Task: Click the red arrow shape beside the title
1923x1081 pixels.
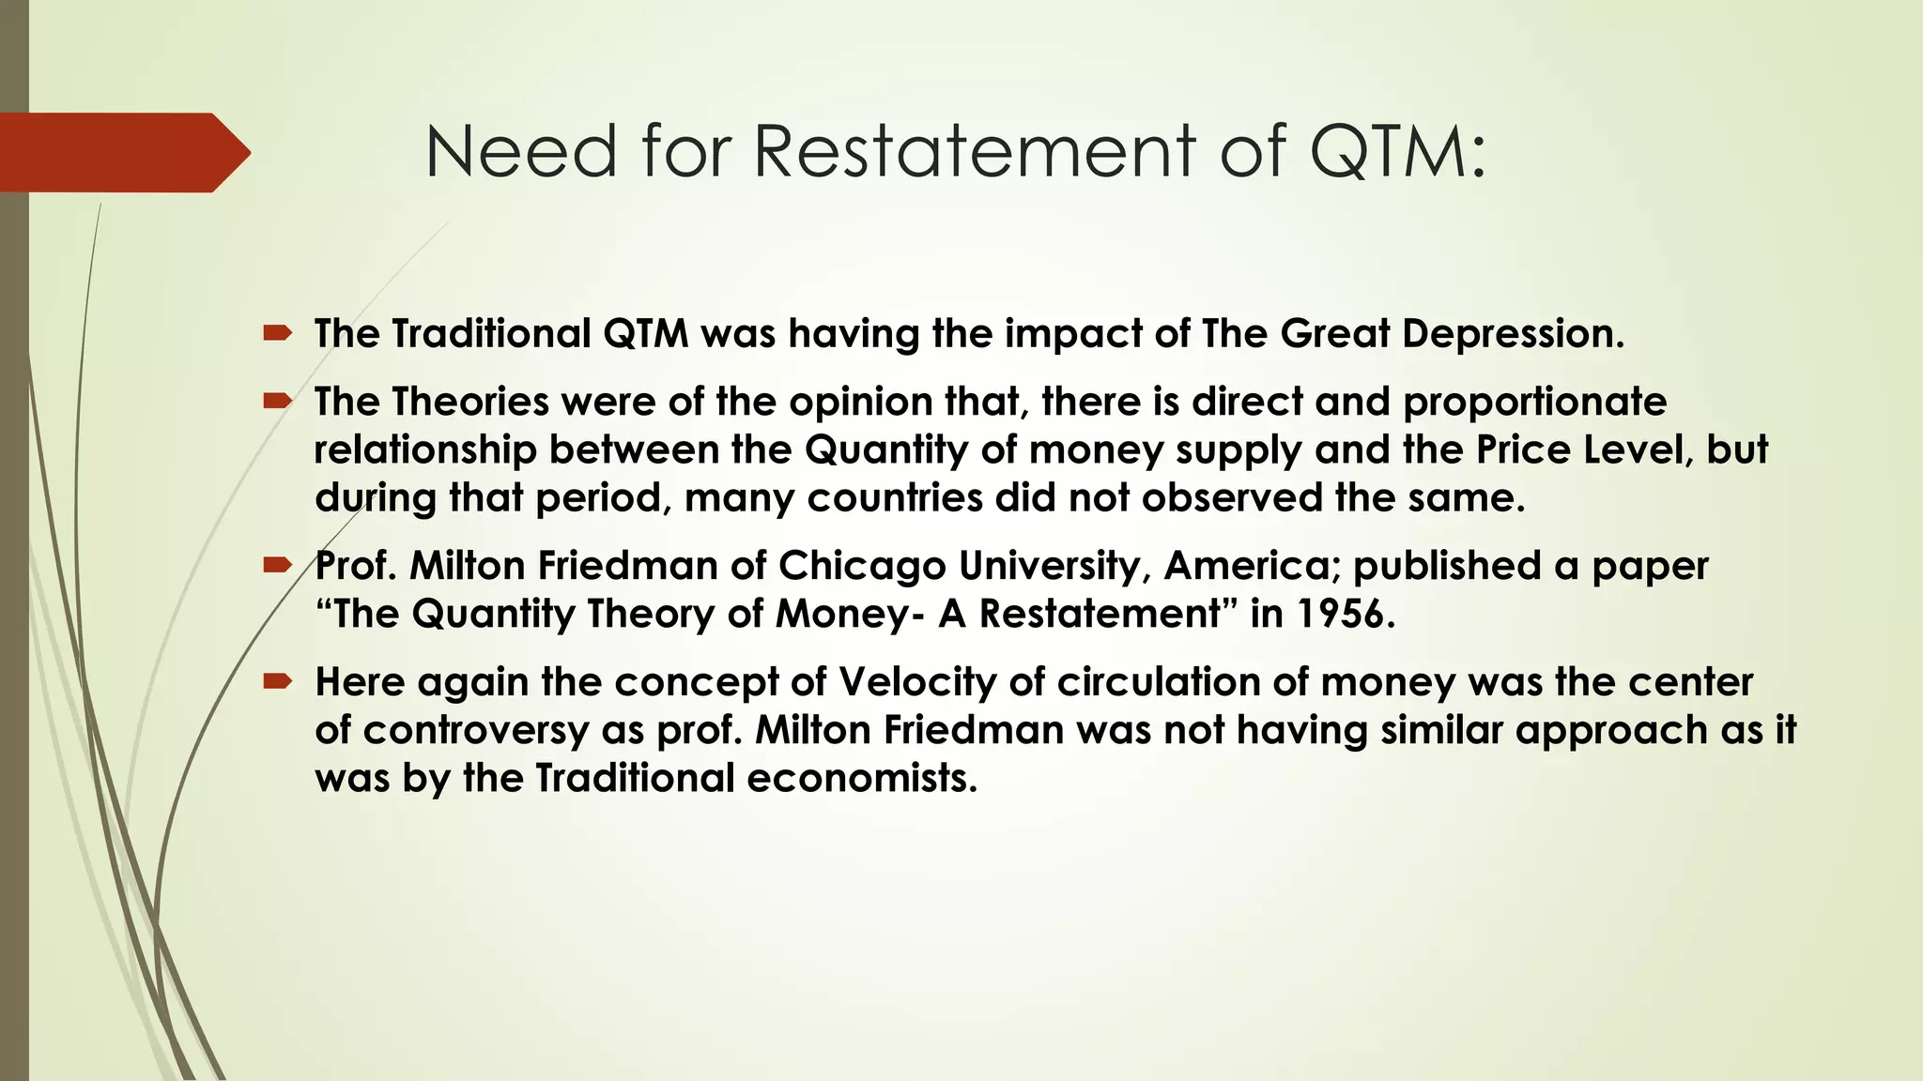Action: [x=122, y=152]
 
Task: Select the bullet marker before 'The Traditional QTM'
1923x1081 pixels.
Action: [x=278, y=332]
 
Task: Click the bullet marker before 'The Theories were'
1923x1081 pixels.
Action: [x=278, y=401]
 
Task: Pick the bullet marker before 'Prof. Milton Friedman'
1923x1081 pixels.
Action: [x=278, y=565]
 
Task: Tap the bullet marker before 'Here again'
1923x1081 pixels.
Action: [x=278, y=681]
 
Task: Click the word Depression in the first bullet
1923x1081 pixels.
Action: [x=1512, y=334]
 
